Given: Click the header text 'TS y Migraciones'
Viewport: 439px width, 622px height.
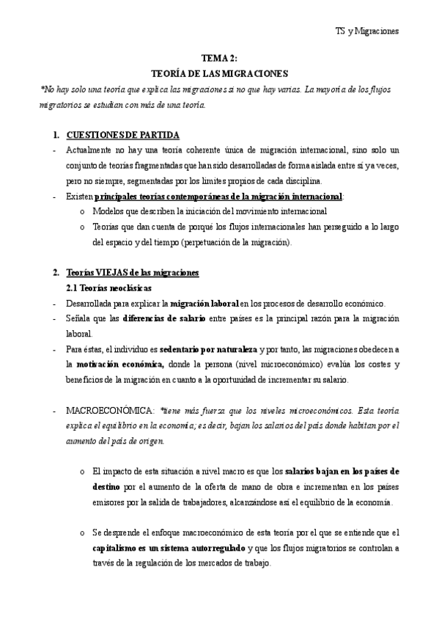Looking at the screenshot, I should [366, 32].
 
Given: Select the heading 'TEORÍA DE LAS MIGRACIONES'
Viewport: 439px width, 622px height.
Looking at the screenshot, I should [219, 74].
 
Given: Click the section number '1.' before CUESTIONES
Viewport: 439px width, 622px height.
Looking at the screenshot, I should [56, 136].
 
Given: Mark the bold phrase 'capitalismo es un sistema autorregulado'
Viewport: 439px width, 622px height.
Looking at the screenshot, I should [169, 548].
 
